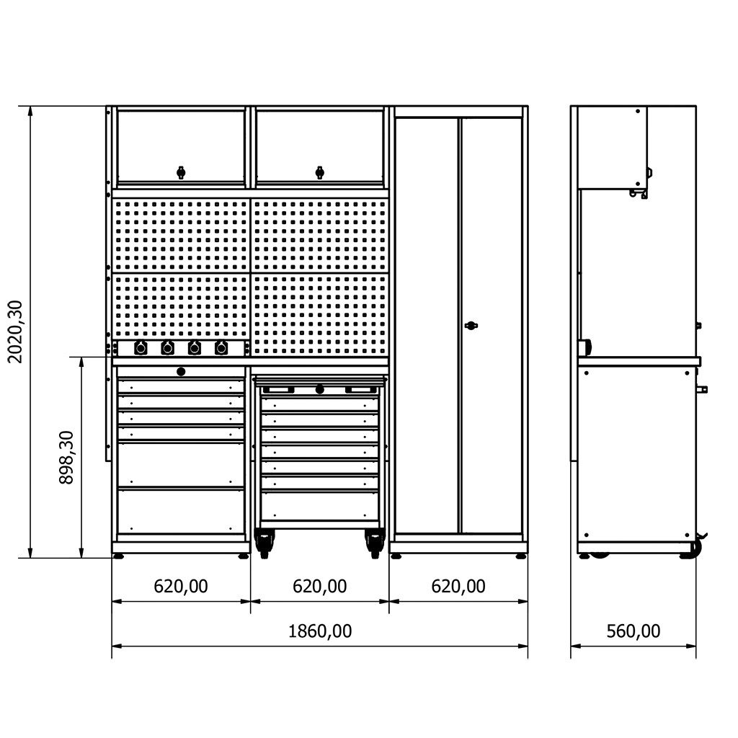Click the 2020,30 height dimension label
pyautogui.click(x=16, y=332)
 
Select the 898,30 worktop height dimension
pyautogui.click(x=66, y=458)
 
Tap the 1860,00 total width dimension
pyautogui.click(x=319, y=631)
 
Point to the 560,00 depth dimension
pyautogui.click(x=633, y=631)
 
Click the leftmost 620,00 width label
pyautogui.click(x=181, y=587)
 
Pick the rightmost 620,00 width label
pyautogui.click(x=458, y=587)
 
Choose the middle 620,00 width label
pyautogui.click(x=319, y=587)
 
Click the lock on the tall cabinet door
pyautogui.click(x=471, y=325)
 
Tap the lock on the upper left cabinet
pyautogui.click(x=181, y=172)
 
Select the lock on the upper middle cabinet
pyautogui.click(x=319, y=172)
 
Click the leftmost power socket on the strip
pyautogui.click(x=141, y=348)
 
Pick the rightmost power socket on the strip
pyautogui.click(x=221, y=348)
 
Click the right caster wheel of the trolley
pyautogui.click(x=375, y=543)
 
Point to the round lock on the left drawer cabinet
pyautogui.click(x=181, y=372)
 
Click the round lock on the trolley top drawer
pyautogui.click(x=319, y=389)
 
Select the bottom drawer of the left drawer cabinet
pyautogui.click(x=181, y=512)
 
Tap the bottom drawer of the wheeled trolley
pyautogui.click(x=319, y=507)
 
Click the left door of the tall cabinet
pyautogui.click(x=426, y=325)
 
